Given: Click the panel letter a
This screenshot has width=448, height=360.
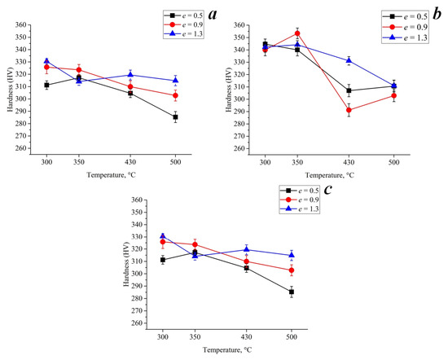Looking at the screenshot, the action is pyautogui.click(x=213, y=15).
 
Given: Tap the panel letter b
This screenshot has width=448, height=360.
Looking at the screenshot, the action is pyautogui.click(x=437, y=14).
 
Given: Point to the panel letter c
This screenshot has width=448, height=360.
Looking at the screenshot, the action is pyautogui.click(x=327, y=189).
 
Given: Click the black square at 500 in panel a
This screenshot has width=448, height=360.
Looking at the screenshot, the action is pyautogui.click(x=175, y=116).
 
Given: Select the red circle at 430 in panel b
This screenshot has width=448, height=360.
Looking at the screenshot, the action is pyautogui.click(x=349, y=110).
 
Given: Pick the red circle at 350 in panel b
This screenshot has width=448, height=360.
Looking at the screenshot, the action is pyautogui.click(x=297, y=33).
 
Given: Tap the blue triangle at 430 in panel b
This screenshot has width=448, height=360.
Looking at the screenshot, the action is pyautogui.click(x=349, y=60).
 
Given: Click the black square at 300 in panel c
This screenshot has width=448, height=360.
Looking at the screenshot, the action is pyautogui.click(x=163, y=260).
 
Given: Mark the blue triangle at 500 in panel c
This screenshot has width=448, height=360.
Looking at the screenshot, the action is pyautogui.click(x=292, y=255).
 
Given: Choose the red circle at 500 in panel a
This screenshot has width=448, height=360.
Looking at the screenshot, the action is pyautogui.click(x=175, y=95).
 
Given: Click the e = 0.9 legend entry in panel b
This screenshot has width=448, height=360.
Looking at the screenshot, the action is pyautogui.click(x=405, y=27).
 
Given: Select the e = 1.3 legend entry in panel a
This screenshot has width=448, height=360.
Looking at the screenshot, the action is pyautogui.click(x=183, y=33).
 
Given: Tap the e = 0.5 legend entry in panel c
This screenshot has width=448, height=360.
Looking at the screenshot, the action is pyautogui.click(x=299, y=191).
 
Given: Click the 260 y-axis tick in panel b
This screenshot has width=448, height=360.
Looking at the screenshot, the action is pyautogui.click(x=239, y=148).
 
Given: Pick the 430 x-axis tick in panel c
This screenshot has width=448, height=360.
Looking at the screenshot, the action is pyautogui.click(x=246, y=337).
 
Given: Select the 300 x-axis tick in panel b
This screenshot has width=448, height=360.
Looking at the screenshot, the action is pyautogui.click(x=265, y=162).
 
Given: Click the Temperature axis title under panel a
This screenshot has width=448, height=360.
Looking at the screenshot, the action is pyautogui.click(x=111, y=175).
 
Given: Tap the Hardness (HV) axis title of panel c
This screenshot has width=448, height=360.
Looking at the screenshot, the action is pyautogui.click(x=126, y=264).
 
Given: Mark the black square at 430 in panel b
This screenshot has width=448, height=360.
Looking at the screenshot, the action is pyautogui.click(x=349, y=90).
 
